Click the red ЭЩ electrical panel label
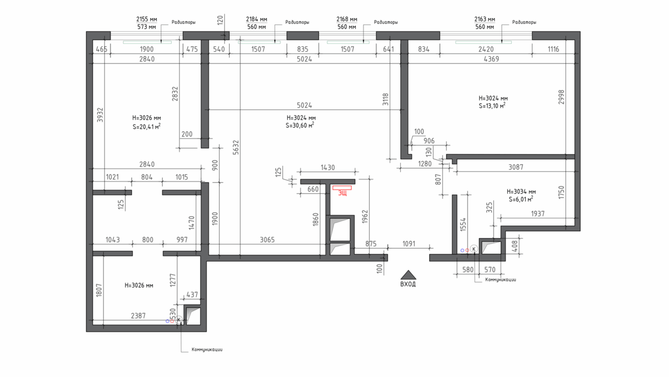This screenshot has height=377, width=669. [342, 193]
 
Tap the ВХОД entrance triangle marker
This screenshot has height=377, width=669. [408, 275]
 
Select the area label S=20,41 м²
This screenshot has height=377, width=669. [146, 127]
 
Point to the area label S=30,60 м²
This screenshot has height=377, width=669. [299, 125]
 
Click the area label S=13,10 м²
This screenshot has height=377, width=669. [492, 106]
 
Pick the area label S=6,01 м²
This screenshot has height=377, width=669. [521, 199]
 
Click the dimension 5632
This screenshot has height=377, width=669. [236, 147]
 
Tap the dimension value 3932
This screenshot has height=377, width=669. [100, 115]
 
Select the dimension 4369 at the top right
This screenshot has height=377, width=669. [491, 59]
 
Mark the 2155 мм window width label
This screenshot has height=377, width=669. [147, 19]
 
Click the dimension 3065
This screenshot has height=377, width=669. [267, 240]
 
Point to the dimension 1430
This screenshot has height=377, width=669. [328, 168]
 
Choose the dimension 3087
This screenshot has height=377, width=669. [516, 167]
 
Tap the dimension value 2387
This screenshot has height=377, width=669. [138, 316]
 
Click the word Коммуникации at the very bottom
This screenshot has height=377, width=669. [207, 350]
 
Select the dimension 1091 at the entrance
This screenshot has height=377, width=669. [409, 244]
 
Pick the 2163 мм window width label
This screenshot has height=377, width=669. [484, 19]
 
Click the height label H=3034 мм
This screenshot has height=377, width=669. [521, 192]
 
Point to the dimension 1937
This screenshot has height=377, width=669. [537, 213]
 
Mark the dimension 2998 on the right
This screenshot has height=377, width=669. [561, 97]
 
